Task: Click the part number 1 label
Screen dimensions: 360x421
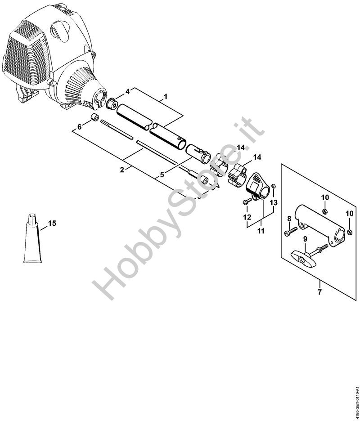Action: pyautogui.click(x=166, y=96)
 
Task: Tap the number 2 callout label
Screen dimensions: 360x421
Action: pyautogui.click(x=121, y=170)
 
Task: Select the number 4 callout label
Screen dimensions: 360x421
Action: pyautogui.click(x=127, y=91)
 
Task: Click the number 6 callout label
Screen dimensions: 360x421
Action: pyautogui.click(x=79, y=127)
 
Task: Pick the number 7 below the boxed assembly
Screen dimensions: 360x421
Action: pyautogui.click(x=319, y=292)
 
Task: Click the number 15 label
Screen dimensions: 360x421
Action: pyautogui.click(x=52, y=223)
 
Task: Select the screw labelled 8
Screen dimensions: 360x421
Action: pyautogui.click(x=290, y=232)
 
